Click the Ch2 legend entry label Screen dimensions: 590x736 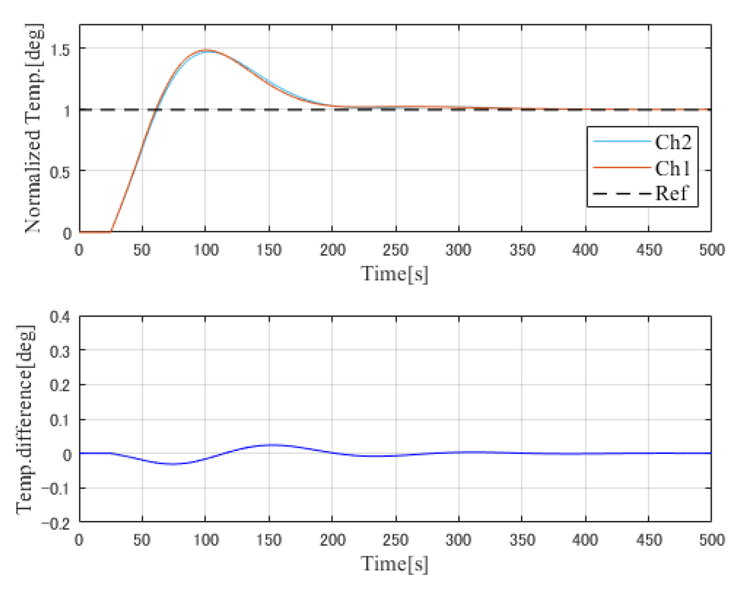673,142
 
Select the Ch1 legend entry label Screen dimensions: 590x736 673,168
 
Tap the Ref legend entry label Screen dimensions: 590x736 671,193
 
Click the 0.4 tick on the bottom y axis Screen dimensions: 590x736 60,317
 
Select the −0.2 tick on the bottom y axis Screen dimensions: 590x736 56,523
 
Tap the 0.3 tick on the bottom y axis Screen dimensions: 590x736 60,351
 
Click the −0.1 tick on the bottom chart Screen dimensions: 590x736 56,489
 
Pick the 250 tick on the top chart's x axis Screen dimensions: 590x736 396,250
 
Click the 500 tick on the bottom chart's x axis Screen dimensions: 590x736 711,540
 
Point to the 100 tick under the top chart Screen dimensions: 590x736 206,250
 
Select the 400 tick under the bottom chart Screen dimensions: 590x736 585,540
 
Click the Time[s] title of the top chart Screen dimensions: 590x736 394,274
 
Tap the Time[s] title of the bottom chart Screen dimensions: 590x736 394,563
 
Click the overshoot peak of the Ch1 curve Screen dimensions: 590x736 205,50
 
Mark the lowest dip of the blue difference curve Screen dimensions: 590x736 173,464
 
